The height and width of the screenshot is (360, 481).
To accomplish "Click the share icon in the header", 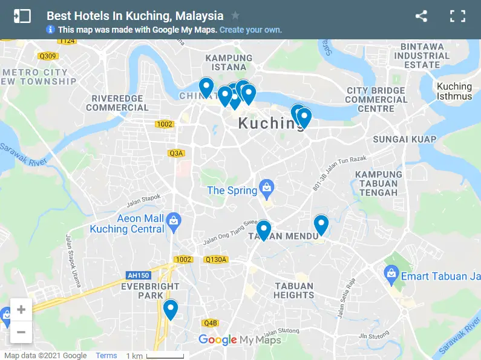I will tap(421, 16).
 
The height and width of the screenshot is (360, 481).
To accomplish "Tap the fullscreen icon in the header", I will tap(457, 16).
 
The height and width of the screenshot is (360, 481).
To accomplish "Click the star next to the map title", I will tap(235, 16).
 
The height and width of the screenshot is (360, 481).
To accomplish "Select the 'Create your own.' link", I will tap(250, 29).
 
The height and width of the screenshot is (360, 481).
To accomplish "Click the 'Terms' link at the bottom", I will tap(106, 356).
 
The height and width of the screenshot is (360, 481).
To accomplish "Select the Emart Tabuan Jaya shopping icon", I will tap(391, 276).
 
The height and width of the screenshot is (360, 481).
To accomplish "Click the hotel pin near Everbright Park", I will tap(171, 310).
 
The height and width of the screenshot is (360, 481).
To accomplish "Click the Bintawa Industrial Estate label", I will tap(422, 56).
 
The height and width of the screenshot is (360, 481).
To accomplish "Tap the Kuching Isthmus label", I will tap(454, 91).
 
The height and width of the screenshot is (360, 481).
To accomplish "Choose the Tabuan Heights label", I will tap(294, 290).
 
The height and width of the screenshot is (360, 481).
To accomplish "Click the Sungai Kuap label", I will tap(405, 139).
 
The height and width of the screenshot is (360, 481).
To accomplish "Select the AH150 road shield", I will tap(138, 275).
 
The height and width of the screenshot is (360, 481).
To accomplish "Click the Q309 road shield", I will tap(47, 56).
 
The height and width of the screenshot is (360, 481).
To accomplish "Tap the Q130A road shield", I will tap(216, 260).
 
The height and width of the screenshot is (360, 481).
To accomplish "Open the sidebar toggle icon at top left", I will tap(22, 16).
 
